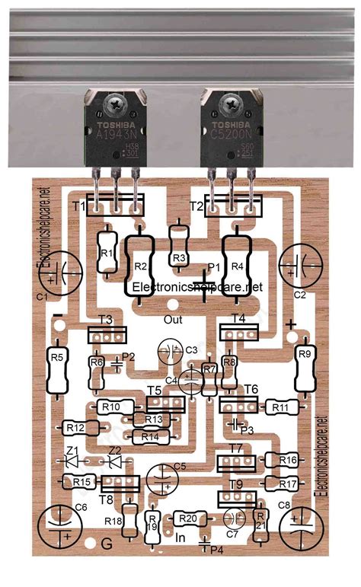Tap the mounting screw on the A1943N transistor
[x=117, y=101]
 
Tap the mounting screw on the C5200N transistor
[x=230, y=101]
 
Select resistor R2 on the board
[x=139, y=266]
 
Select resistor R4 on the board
[x=235, y=266]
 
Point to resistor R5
[x=57, y=371]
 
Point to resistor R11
[x=279, y=408]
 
